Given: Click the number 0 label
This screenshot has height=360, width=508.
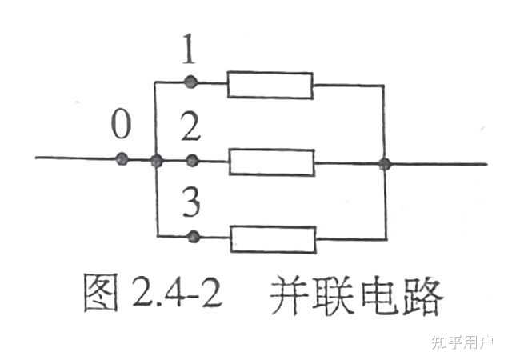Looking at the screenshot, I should [120, 126].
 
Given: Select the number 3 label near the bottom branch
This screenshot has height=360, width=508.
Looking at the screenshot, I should [190, 205].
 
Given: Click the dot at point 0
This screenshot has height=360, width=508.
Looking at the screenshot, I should [122, 159].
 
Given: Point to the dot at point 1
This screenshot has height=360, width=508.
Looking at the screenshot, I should [190, 81].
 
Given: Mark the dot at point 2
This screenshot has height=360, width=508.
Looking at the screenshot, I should [191, 160].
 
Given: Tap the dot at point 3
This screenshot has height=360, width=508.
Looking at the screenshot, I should [191, 237].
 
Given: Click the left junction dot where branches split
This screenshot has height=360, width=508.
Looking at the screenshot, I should [156, 161].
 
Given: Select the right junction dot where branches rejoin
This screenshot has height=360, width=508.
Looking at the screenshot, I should [385, 164].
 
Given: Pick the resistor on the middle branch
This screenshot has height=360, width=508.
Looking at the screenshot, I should [271, 162].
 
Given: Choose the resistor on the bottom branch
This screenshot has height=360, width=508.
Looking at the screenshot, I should [273, 238].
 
